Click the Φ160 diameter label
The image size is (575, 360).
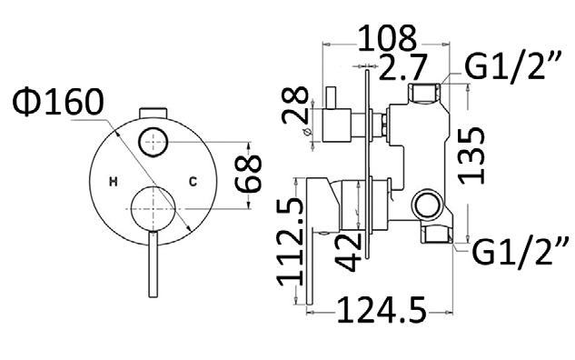click(x=58, y=102)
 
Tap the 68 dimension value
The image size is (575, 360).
click(x=248, y=174)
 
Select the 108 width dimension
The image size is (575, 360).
click(x=387, y=38)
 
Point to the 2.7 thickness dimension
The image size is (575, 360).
click(x=403, y=67)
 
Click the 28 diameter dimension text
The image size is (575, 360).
click(x=295, y=105)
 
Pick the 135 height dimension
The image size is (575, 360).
click(x=471, y=155)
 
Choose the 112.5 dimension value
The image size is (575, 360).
click(x=290, y=242)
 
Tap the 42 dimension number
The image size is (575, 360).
click(x=348, y=253)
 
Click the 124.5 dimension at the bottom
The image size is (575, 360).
click(x=382, y=311)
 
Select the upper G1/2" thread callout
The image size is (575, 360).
click(x=513, y=66)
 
